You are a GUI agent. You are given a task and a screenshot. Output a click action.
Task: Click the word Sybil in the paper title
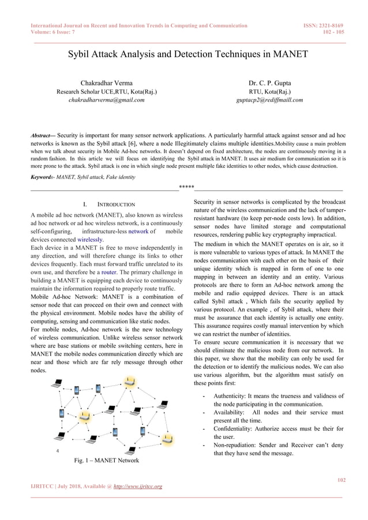pyautogui.click(x=81, y=55)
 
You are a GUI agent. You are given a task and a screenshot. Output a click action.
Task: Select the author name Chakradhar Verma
pyautogui.click(x=106, y=82)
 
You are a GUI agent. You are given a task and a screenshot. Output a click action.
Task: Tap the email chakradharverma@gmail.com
pyautogui.click(x=106, y=100)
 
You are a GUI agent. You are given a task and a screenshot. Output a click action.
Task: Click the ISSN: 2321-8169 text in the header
pyautogui.click(x=323, y=25)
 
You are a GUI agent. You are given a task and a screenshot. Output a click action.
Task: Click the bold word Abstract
pyautogui.click(x=43, y=137)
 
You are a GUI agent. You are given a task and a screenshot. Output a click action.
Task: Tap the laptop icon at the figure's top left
pyautogui.click(x=58, y=383)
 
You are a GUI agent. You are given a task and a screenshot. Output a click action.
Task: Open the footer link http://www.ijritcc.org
pyautogui.click(x=135, y=487)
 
